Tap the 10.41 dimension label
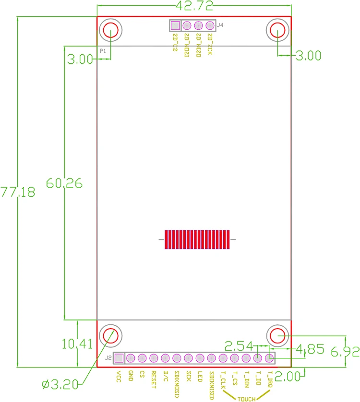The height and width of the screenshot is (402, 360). click(x=77, y=343)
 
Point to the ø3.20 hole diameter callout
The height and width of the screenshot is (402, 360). click(x=60, y=384)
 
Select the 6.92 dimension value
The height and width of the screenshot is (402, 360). click(x=345, y=352)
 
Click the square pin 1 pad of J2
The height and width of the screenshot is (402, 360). click(x=119, y=357)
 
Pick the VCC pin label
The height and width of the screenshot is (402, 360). click(x=119, y=376)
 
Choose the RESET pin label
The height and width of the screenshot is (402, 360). click(x=154, y=378)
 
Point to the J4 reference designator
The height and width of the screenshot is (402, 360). click(x=220, y=25)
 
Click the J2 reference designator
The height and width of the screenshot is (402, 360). click(x=108, y=358)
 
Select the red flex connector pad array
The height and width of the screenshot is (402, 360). click(x=197, y=239)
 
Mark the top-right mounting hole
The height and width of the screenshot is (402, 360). click(x=277, y=31)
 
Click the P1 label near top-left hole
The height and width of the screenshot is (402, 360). click(x=102, y=50)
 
